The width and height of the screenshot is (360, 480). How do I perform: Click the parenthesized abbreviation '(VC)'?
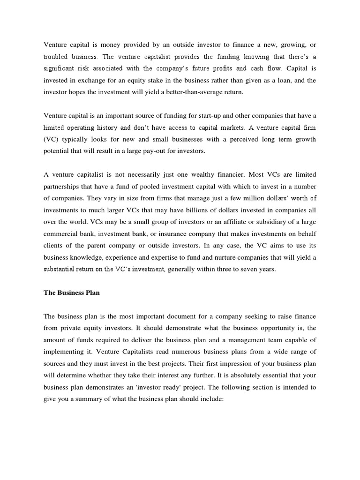[51, 139]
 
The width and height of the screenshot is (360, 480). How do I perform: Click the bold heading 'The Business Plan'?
[72, 292]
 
